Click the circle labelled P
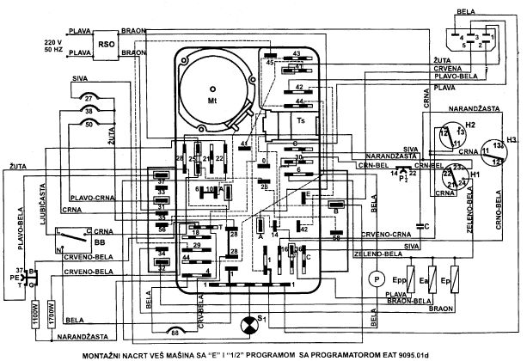[x=375, y=279]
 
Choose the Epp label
[x=399, y=280]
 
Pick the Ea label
[x=423, y=280]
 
